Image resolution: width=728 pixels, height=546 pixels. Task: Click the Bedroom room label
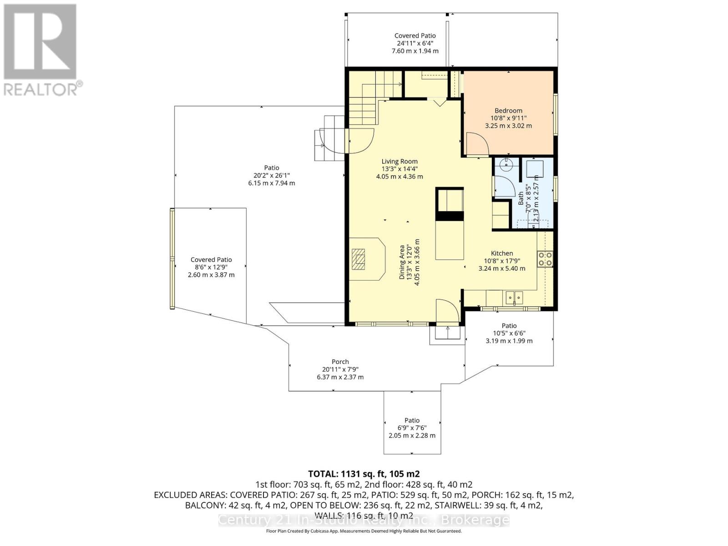[x=508, y=111]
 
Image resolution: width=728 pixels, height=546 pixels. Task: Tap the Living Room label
[x=399, y=162]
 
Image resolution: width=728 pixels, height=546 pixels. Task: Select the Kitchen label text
[x=502, y=253]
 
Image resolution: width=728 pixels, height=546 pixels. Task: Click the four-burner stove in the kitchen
[x=545, y=259]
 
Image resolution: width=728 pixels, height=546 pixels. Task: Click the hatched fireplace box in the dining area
[x=358, y=259]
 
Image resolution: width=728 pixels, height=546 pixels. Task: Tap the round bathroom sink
[x=506, y=164]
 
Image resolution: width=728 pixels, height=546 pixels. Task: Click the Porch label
[x=340, y=362]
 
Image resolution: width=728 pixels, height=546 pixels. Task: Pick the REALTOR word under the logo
[x=40, y=89]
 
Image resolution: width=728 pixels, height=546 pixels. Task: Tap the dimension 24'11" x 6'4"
[x=415, y=43]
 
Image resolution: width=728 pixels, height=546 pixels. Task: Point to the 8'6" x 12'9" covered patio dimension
[x=211, y=267]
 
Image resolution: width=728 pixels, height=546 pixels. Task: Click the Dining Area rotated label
[x=402, y=262]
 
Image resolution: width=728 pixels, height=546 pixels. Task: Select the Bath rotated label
[x=521, y=198]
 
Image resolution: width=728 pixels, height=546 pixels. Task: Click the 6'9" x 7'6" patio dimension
[x=412, y=428]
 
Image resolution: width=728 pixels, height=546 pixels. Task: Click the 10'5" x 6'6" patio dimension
[x=509, y=333]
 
